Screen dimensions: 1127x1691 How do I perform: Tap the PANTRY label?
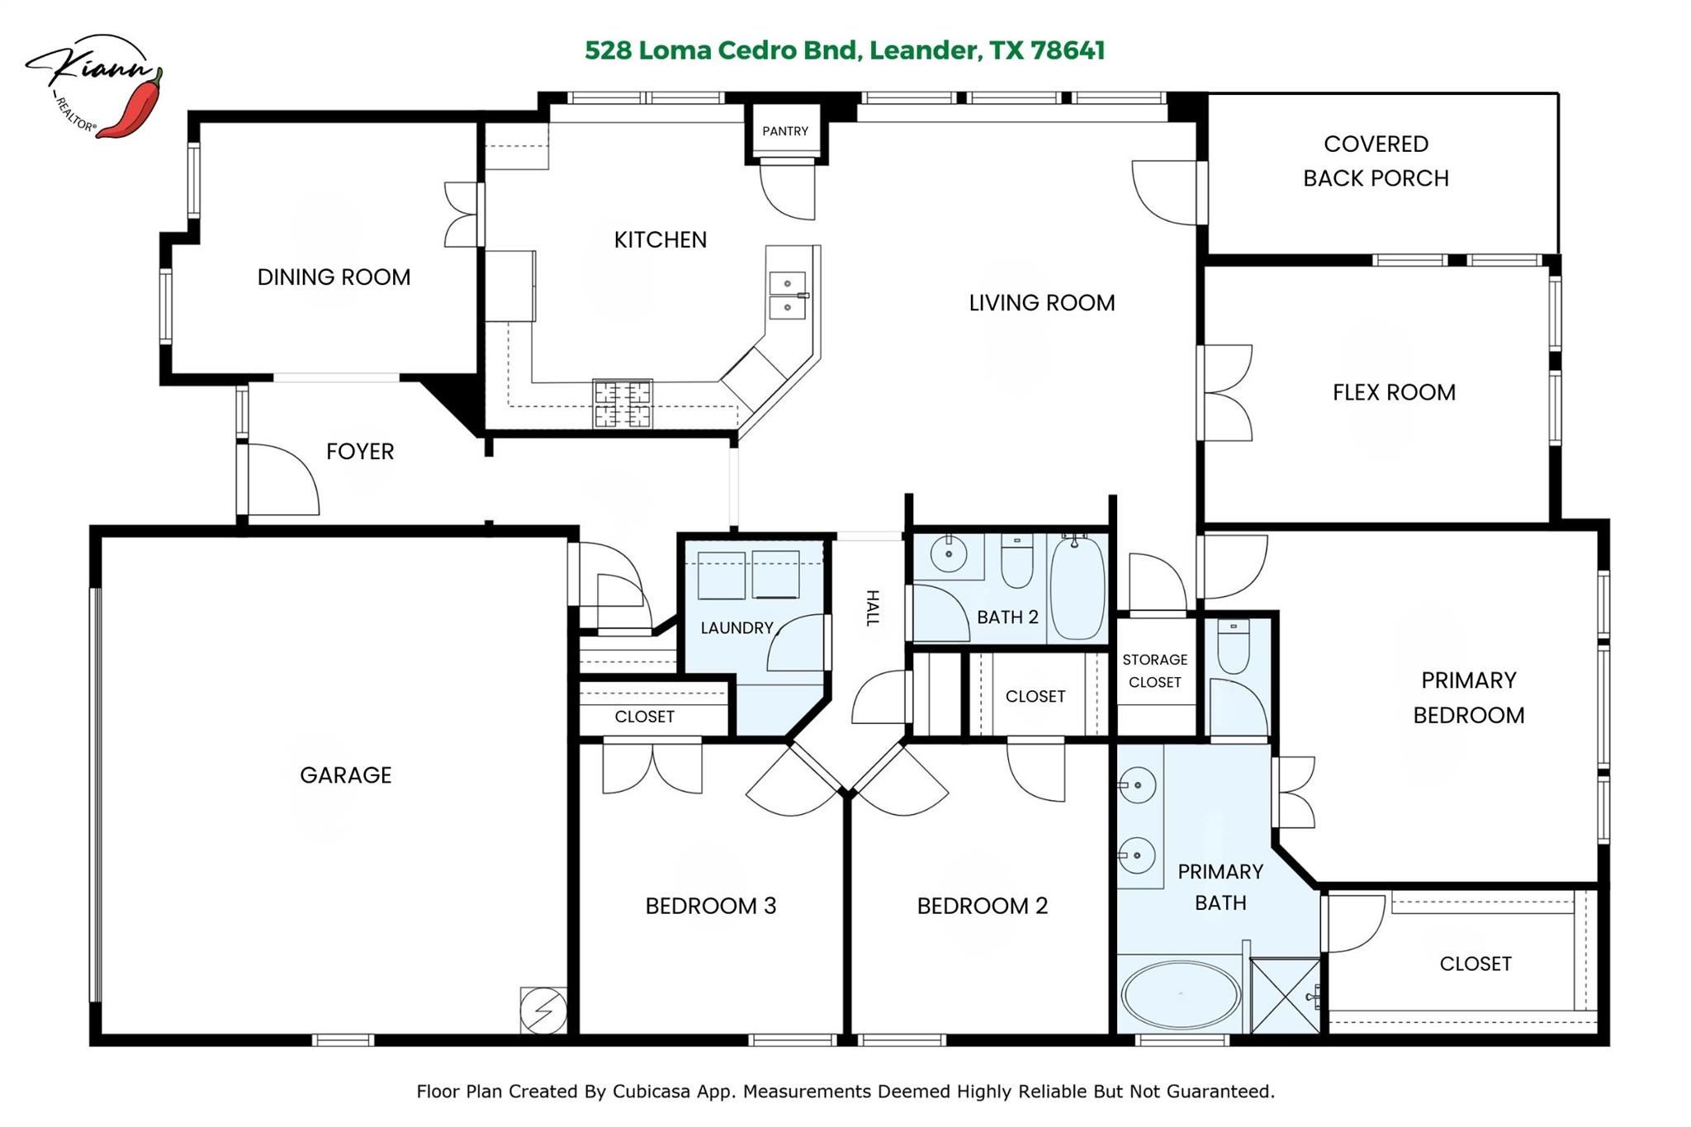[x=784, y=131]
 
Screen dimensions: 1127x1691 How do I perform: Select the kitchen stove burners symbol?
[x=623, y=404]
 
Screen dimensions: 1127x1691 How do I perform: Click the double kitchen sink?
[x=787, y=295]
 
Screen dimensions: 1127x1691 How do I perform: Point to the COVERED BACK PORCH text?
[x=1376, y=161]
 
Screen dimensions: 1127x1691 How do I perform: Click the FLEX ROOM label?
[x=1394, y=392]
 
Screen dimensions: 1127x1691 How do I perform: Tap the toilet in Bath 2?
[x=1016, y=561]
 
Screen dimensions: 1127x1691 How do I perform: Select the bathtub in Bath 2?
[x=1078, y=587]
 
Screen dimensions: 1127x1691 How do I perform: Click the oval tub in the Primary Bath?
[x=1180, y=995]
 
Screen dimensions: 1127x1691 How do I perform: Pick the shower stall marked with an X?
[x=1285, y=995]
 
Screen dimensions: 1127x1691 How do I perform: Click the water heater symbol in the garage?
[x=543, y=1010]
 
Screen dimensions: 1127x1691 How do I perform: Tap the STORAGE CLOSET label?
[x=1154, y=670]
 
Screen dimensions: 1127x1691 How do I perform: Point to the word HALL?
[x=872, y=608]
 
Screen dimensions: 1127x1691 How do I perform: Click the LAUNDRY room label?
[x=737, y=627]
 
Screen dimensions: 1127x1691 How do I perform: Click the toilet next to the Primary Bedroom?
[x=1234, y=646]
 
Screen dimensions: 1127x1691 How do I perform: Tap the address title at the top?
[x=844, y=50]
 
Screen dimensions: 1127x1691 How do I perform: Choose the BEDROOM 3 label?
[x=710, y=906]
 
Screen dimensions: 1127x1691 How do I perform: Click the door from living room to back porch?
[x=1166, y=192]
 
